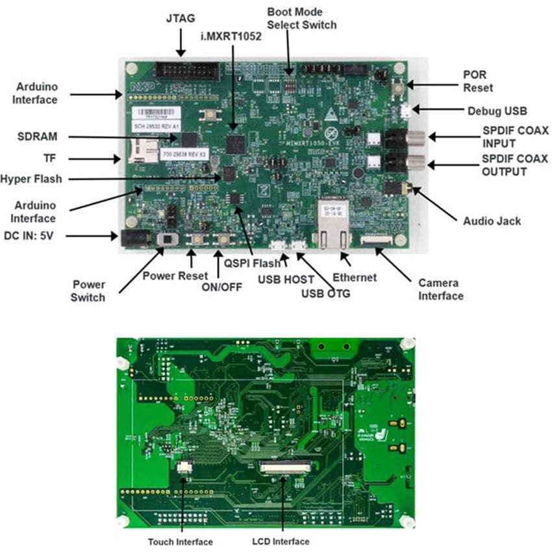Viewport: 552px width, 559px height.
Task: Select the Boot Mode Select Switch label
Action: tap(302, 18)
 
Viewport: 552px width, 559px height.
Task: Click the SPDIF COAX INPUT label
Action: tap(514, 136)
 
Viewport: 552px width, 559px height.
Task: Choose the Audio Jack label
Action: tap(492, 221)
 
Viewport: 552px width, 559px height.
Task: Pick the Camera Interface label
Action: tap(440, 289)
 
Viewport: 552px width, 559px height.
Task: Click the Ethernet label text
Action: tap(354, 277)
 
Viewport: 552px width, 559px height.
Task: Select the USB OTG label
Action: tap(325, 293)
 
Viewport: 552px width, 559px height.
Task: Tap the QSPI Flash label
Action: tap(253, 263)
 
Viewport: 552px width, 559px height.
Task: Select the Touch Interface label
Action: tap(180, 541)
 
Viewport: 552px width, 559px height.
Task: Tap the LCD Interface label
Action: tap(280, 541)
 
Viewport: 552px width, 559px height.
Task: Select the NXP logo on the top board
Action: tap(138, 85)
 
